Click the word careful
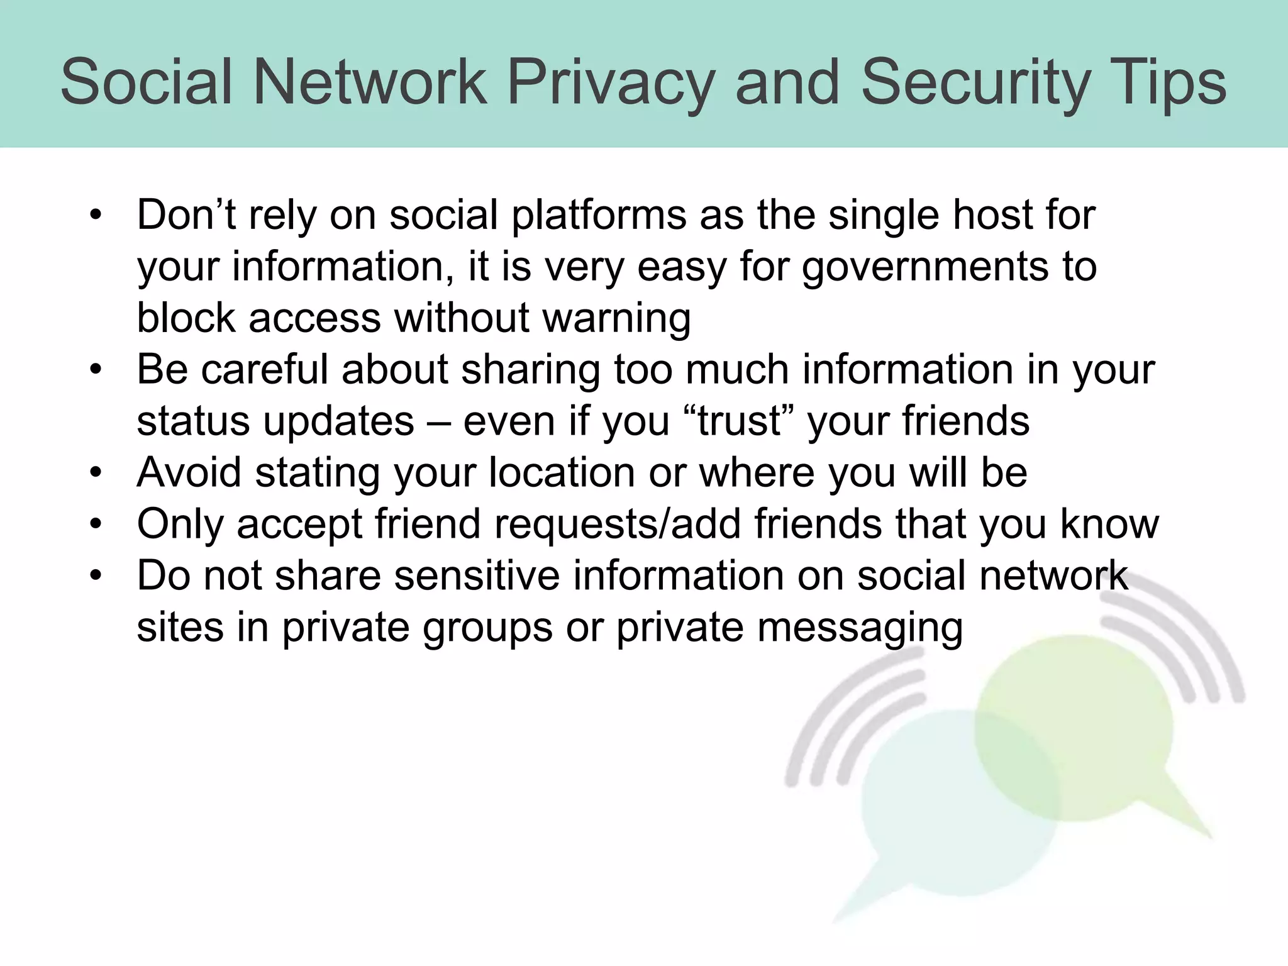tap(265, 370)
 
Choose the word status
tap(193, 421)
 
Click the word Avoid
tap(189, 472)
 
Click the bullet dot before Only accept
tap(96, 524)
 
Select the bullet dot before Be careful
tap(96, 370)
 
